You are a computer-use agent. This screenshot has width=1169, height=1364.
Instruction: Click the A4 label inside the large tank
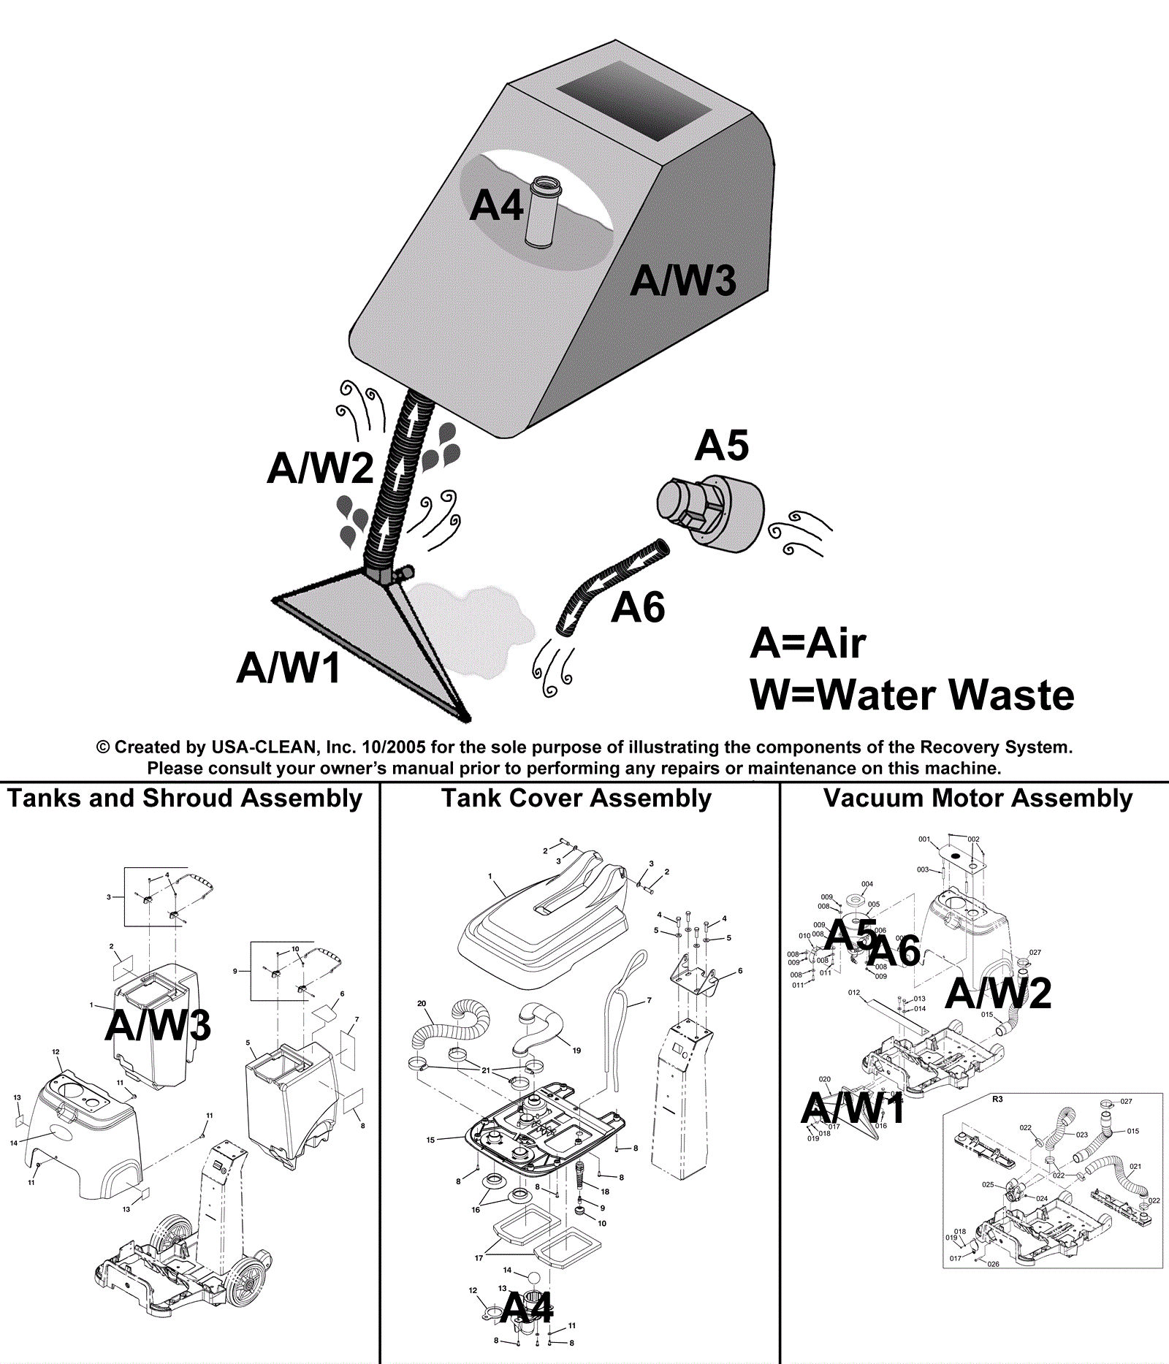(x=496, y=205)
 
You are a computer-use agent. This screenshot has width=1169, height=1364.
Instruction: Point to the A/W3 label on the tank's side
(x=683, y=281)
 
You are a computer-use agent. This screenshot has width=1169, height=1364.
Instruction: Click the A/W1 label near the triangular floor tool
(x=289, y=667)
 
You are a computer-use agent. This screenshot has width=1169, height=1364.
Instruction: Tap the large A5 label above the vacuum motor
(x=722, y=445)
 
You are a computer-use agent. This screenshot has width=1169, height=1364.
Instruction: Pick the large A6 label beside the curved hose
(x=638, y=607)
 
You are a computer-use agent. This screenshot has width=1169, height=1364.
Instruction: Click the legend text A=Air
(x=808, y=644)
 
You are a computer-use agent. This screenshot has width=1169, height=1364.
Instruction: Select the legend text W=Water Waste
(x=912, y=695)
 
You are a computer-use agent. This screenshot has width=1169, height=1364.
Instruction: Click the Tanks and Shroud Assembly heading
(x=185, y=798)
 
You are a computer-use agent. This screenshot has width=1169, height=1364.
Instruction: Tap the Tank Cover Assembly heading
(x=576, y=798)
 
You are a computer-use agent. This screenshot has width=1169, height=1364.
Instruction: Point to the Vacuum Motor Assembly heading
(x=978, y=798)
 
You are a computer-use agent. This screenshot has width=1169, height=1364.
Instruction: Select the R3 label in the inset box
(x=997, y=1099)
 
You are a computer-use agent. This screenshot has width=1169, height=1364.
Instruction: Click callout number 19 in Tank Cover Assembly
(x=576, y=1051)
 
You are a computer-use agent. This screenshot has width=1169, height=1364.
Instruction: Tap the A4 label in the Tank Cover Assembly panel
(x=528, y=1308)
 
